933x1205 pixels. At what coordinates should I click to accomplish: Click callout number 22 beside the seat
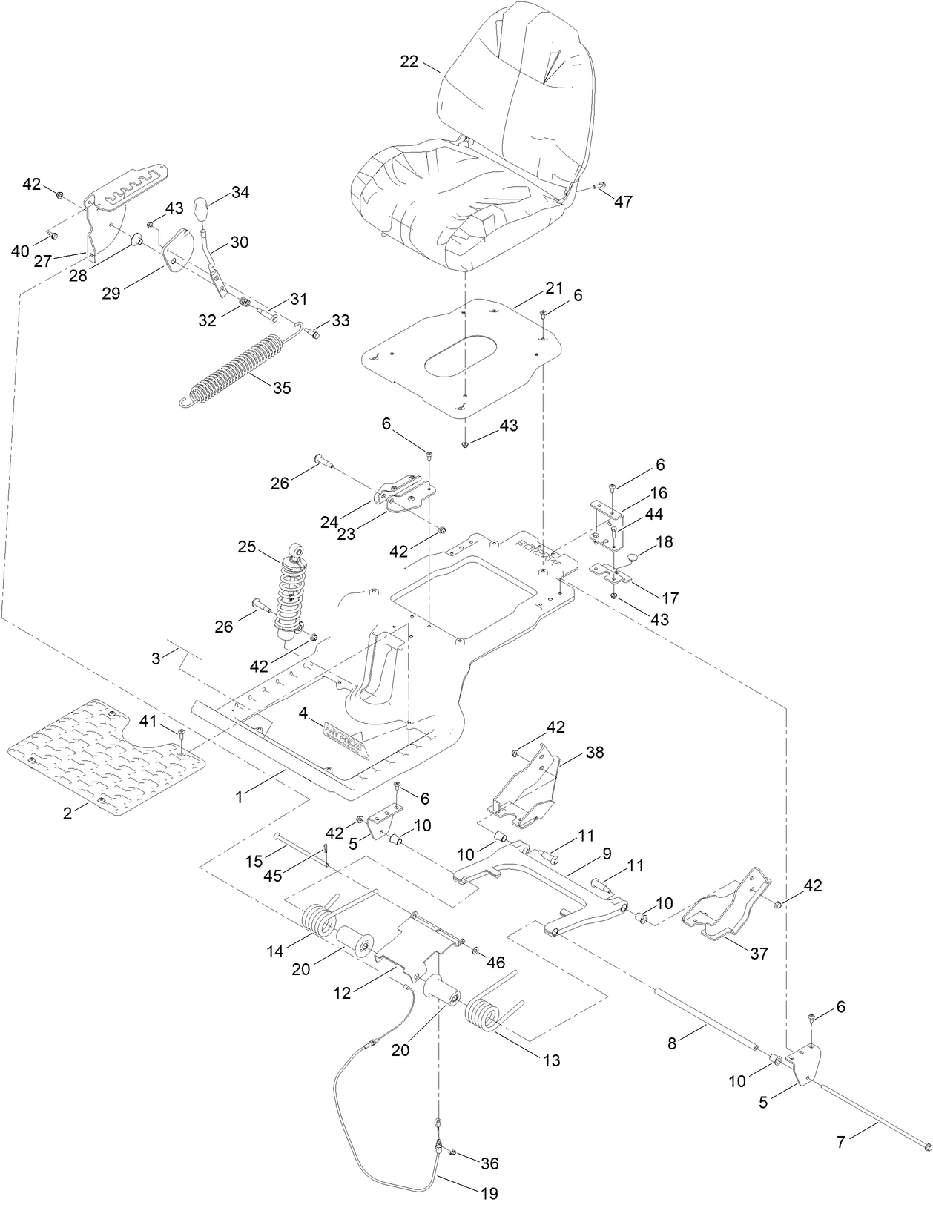pos(409,62)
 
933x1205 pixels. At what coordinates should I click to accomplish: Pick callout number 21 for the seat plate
pos(555,288)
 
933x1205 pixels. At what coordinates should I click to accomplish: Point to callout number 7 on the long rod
pos(840,1142)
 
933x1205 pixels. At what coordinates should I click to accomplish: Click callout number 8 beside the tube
pos(672,1043)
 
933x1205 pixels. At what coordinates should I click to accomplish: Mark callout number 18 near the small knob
pos(665,542)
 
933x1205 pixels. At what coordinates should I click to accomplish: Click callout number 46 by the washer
pos(495,963)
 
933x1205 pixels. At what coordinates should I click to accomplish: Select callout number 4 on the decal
pos(303,713)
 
